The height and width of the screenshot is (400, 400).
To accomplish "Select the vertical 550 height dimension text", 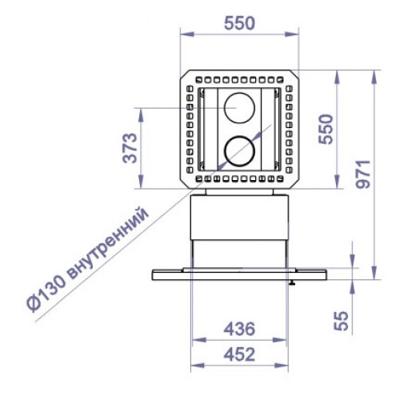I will (323, 129).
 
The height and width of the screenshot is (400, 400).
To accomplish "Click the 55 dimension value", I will (342, 321).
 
